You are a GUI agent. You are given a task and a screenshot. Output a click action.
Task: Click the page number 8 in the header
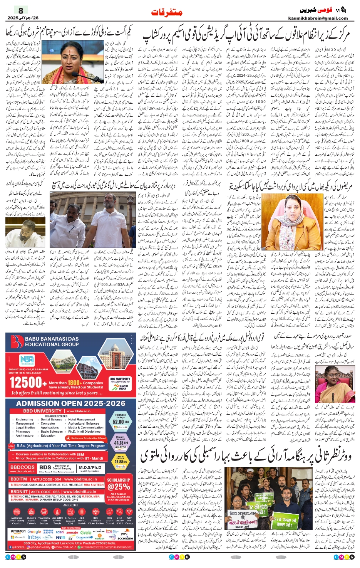(x=21, y=10)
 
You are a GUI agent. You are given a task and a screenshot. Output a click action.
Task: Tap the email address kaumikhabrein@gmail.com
(x=323, y=18)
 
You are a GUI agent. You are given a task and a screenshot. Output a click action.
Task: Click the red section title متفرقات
(x=167, y=13)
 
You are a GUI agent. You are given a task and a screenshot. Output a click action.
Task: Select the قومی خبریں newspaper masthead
(x=316, y=10)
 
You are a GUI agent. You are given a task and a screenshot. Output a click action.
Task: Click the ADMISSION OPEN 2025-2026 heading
(x=71, y=403)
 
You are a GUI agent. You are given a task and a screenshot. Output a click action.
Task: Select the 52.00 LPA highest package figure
(x=120, y=422)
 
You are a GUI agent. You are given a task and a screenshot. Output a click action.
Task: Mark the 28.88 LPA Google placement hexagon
(x=120, y=461)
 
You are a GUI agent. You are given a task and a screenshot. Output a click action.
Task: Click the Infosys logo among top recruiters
(x=35, y=537)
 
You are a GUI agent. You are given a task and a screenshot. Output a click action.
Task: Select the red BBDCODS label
(x=22, y=467)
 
